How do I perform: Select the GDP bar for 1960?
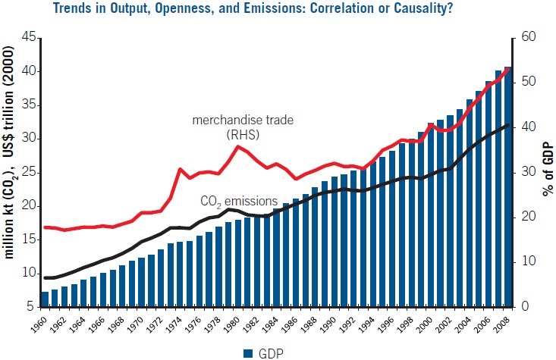coord(45,299)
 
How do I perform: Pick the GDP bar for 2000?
coord(431,214)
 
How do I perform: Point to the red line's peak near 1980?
coord(238,146)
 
